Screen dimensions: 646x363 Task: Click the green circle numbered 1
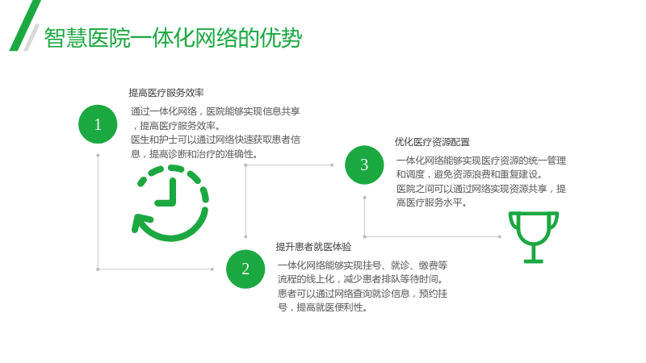98,124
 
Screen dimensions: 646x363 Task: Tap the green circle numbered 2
245,269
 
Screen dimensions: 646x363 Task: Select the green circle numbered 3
364,165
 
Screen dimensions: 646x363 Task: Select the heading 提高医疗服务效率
166,93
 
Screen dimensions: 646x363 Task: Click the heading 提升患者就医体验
313,247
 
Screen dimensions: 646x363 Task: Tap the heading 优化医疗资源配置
432,142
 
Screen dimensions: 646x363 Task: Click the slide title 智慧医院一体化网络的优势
173,38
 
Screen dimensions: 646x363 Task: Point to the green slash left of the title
25,26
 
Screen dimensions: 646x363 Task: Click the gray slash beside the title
31,37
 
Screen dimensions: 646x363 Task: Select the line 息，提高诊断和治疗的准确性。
195,154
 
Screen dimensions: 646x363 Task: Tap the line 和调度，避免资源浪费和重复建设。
470,174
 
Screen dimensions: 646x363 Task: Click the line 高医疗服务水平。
431,202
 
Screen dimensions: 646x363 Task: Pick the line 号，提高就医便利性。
322,307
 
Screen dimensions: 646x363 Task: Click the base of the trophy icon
534,261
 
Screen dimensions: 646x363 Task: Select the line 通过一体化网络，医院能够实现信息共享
216,111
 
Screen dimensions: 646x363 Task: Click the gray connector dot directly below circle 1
98,156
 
